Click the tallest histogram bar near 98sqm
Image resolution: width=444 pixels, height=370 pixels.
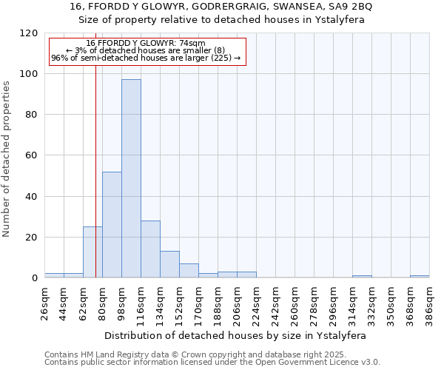point(131,178)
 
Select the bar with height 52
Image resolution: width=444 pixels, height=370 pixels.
point(112,225)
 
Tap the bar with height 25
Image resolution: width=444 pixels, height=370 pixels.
point(92,252)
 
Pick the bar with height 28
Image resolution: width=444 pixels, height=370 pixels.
point(150,249)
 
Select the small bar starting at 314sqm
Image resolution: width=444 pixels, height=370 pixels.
point(362,277)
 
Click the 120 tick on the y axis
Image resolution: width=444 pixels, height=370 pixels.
point(29,33)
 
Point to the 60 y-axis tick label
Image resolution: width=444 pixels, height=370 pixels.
point(32,156)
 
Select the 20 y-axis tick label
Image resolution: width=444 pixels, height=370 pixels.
point(32,238)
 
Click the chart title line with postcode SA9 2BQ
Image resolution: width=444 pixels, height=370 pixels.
point(222,7)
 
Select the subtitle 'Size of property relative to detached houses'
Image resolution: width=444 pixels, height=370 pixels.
point(222,20)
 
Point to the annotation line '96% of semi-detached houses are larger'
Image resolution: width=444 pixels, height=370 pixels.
point(146,58)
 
